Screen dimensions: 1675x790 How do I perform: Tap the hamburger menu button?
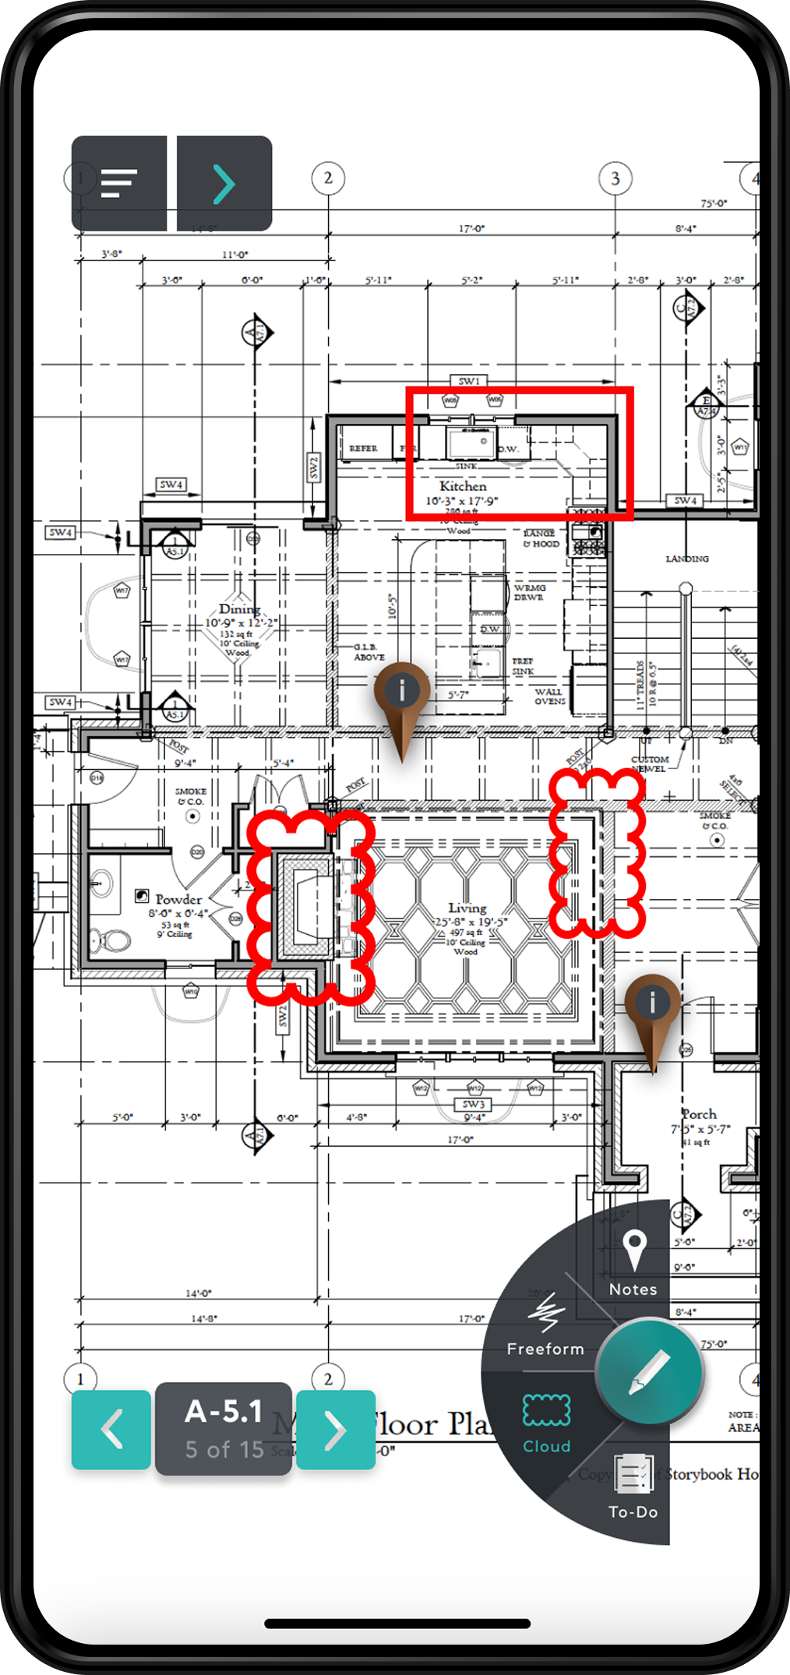(119, 183)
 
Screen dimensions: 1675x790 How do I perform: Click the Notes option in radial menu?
(633, 1261)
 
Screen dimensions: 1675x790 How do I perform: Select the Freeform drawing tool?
(545, 1324)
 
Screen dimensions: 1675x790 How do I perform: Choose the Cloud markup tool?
(546, 1423)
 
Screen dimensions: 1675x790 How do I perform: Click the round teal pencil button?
(650, 1371)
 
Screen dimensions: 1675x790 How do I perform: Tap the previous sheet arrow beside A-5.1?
(111, 1430)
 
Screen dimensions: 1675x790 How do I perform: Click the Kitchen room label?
(463, 486)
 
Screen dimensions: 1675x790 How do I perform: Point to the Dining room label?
(239, 608)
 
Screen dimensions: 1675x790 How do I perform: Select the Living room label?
(467, 908)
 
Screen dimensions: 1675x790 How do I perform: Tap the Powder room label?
(178, 899)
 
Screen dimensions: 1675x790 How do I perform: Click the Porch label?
(700, 1114)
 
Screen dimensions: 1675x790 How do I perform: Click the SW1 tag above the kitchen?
(469, 381)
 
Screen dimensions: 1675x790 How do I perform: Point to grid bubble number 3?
(615, 178)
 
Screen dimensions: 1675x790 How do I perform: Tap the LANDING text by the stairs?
(686, 559)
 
